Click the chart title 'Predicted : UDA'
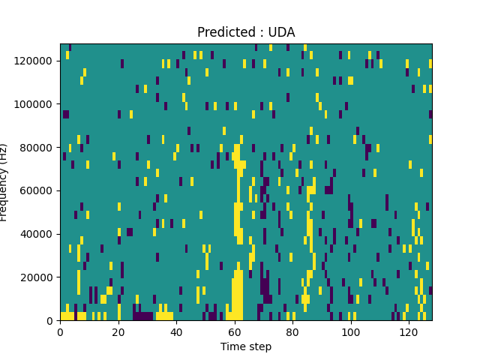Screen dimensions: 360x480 (246, 32)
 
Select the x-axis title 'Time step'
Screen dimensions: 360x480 (246, 346)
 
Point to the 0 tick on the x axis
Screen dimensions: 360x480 (60, 331)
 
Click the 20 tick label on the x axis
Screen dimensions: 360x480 (118, 331)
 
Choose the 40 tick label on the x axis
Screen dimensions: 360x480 (176, 331)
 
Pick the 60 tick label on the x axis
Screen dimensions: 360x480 (234, 331)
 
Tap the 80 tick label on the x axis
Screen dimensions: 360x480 (292, 331)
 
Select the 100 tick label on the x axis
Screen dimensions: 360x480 (350, 331)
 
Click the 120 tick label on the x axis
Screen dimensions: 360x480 (408, 331)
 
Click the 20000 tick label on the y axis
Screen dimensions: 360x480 (37, 277)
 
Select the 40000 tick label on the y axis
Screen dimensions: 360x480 (37, 234)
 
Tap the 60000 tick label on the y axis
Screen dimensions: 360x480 (37, 190)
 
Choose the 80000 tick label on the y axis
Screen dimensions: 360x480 (37, 147)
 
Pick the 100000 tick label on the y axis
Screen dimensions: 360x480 (34, 103)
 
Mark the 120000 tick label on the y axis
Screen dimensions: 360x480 (34, 60)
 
